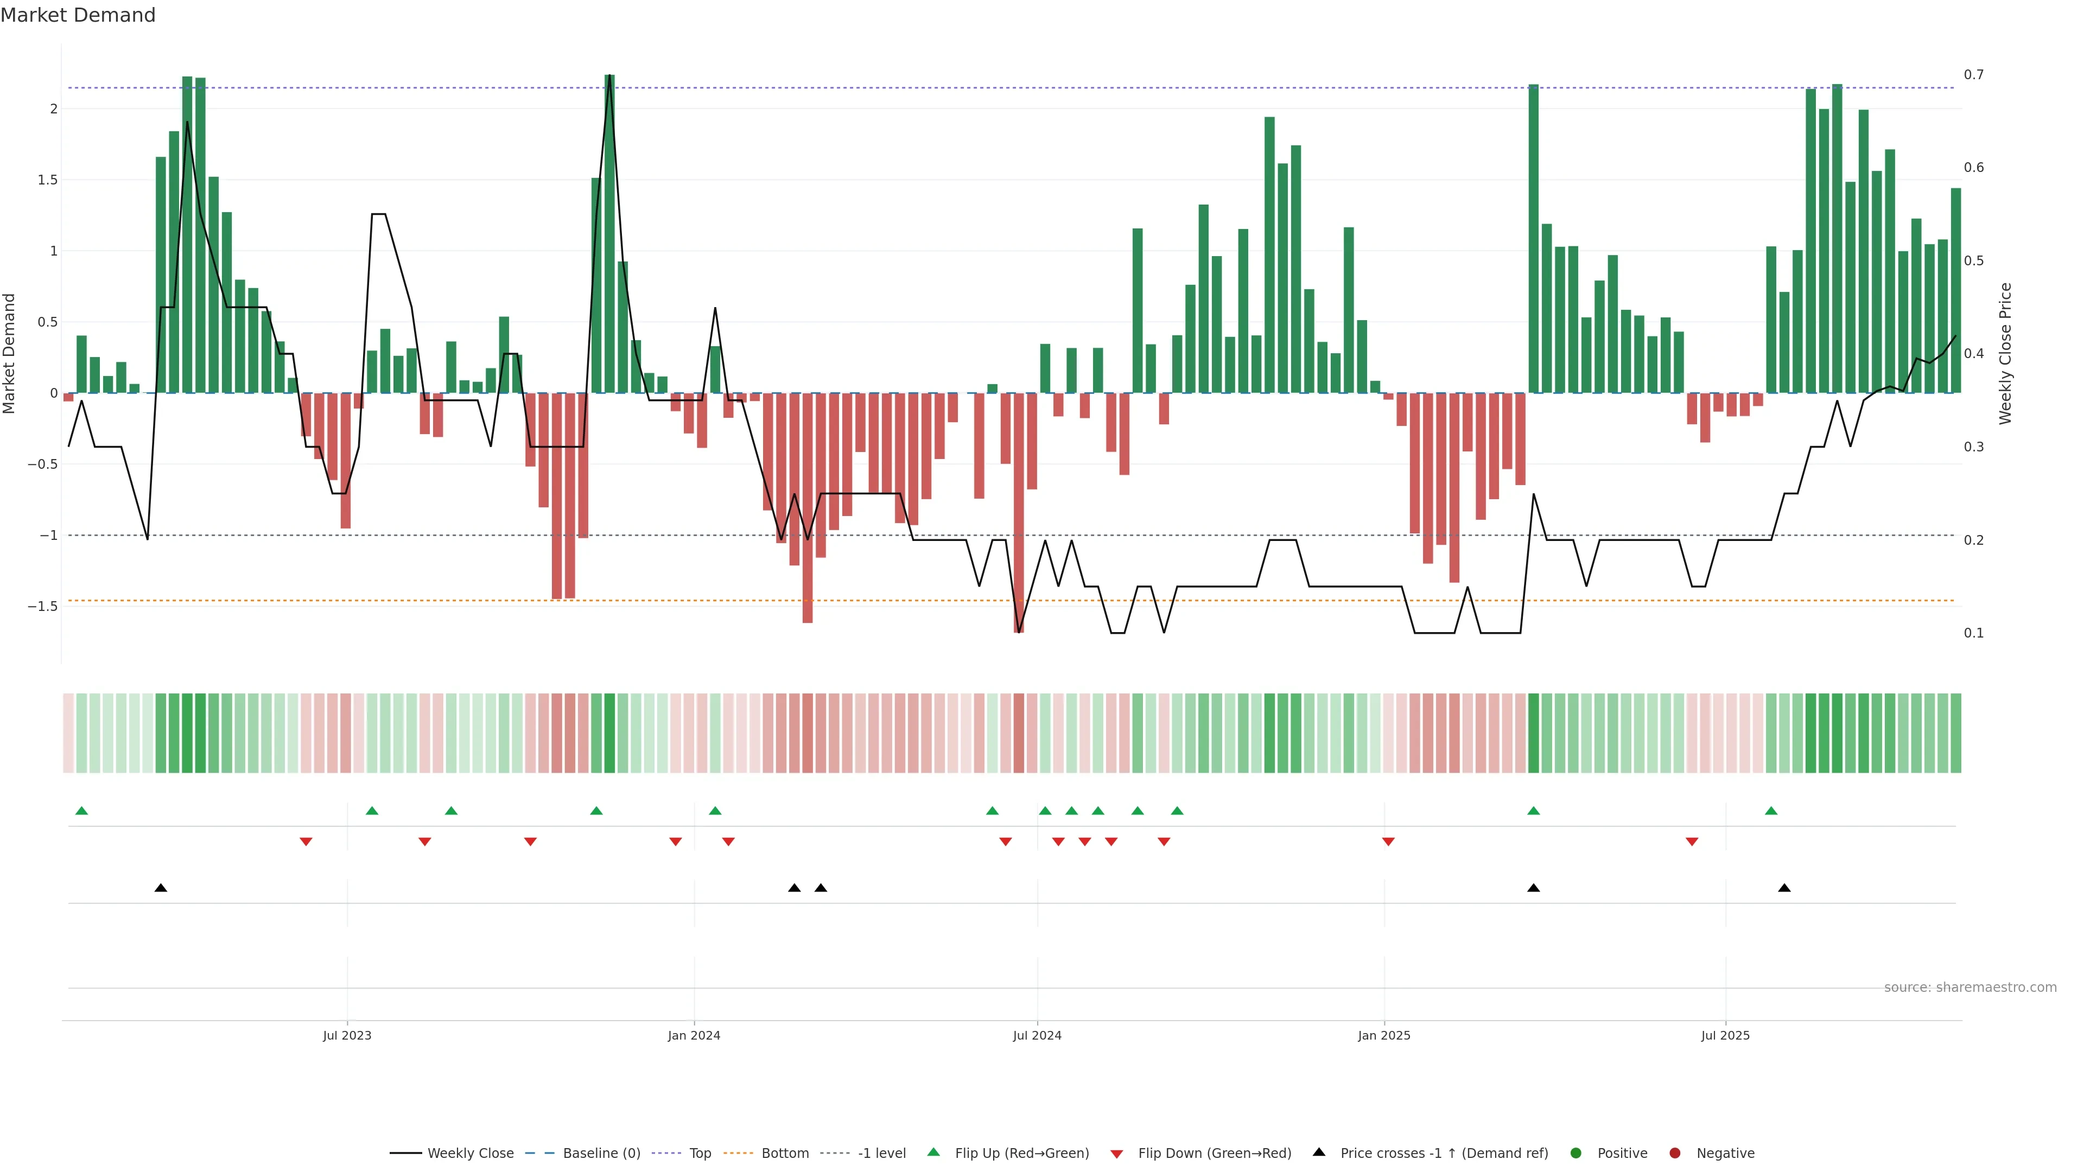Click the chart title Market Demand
coord(78,15)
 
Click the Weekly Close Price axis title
coord(2005,353)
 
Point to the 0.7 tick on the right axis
coord(1973,74)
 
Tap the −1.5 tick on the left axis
coord(42,606)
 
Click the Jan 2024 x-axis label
coord(694,1035)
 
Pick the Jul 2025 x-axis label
coord(1725,1035)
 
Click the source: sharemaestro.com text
coord(1970,988)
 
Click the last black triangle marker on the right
coord(1784,888)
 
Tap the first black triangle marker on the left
coord(161,888)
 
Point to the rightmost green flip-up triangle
coord(1771,811)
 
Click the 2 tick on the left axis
coord(53,109)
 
